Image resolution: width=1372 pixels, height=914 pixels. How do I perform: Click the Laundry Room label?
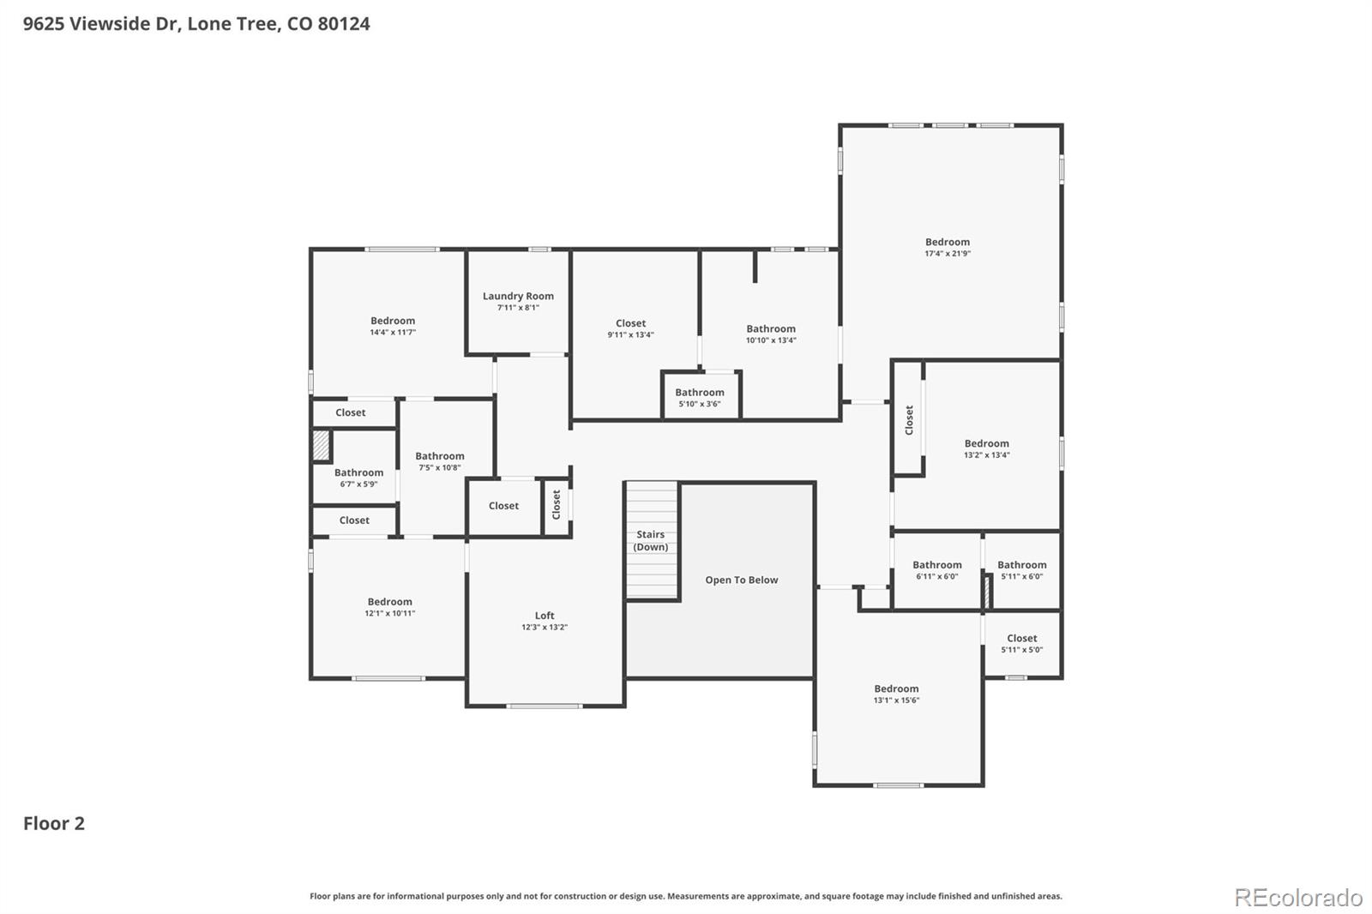click(x=518, y=296)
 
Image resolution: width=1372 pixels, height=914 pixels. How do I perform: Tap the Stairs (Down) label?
click(x=650, y=540)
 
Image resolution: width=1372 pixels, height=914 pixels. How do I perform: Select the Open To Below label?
click(x=741, y=580)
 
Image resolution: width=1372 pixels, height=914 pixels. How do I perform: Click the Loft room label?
click(x=545, y=616)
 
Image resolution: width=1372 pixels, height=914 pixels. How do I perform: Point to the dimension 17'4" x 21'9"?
click(x=947, y=254)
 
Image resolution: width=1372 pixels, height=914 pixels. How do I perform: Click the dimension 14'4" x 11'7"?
click(x=393, y=333)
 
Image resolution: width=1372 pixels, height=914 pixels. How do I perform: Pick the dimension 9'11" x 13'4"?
click(x=630, y=335)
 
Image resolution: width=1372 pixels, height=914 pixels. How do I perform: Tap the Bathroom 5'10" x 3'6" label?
click(x=699, y=393)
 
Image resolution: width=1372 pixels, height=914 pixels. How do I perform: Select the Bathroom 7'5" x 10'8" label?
click(x=440, y=456)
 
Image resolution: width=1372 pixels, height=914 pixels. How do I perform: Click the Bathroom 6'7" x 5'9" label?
click(x=358, y=472)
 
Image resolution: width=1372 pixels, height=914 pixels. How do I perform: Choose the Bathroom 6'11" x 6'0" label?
click(x=936, y=565)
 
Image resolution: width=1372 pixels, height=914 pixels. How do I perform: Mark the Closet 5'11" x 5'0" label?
click(x=1021, y=638)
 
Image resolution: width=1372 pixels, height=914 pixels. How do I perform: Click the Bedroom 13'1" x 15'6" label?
click(x=896, y=689)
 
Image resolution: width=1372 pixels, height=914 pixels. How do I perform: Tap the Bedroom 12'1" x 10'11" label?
click(x=390, y=602)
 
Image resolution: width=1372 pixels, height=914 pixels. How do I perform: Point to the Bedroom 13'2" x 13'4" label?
click(x=986, y=443)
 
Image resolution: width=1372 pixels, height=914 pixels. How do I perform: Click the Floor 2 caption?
click(x=53, y=823)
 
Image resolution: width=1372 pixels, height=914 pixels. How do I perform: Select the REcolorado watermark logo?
click(x=1297, y=897)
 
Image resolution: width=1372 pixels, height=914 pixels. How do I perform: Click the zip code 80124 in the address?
click(x=343, y=23)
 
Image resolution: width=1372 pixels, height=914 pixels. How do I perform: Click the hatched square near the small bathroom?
click(x=320, y=445)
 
